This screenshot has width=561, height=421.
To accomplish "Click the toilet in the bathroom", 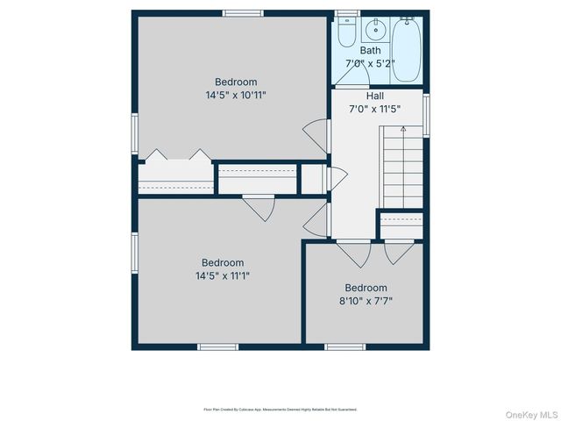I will [345, 32].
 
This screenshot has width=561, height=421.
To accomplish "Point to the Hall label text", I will [375, 96].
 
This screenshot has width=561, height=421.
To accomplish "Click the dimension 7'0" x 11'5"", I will [375, 109].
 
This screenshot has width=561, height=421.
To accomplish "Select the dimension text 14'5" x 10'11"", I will [236, 96].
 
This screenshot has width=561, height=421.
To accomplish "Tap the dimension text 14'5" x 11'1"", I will [223, 275].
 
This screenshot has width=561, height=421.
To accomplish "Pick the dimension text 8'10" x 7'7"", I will [366, 301].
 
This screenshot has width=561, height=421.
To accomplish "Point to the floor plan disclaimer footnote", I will [280, 409].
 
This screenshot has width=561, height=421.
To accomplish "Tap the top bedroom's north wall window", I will [243, 13].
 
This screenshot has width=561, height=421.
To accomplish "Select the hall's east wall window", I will [427, 113].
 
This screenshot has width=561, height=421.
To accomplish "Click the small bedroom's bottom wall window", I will [345, 346].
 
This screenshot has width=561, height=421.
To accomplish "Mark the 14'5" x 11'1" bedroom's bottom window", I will [218, 346].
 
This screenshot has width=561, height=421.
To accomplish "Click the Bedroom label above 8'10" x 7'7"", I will [366, 288].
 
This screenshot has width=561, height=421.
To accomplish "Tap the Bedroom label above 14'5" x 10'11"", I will [236, 82].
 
